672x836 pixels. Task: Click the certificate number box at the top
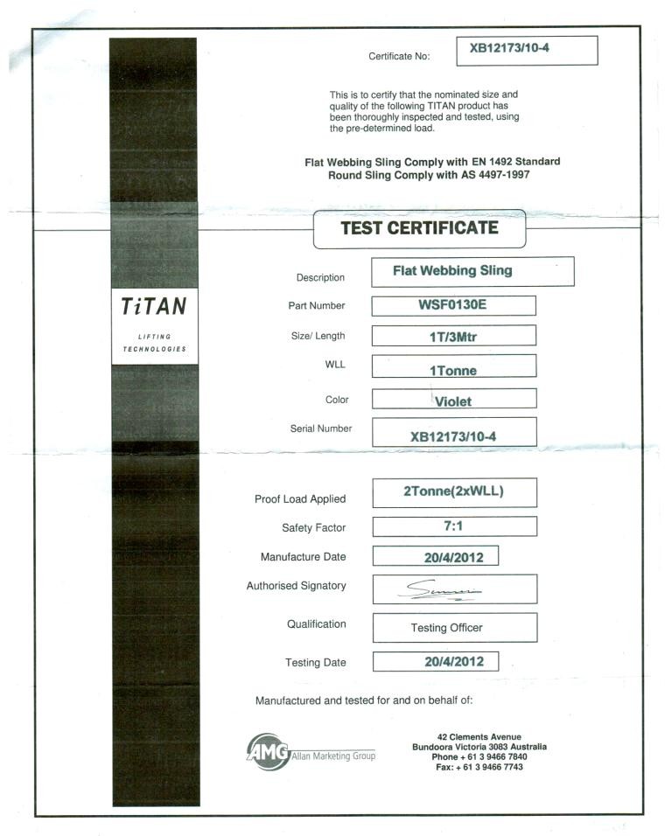527,50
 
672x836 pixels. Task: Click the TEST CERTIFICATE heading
419,229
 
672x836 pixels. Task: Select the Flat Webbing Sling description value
472,271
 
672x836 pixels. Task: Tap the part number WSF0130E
453,305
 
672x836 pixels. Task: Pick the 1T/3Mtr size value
453,336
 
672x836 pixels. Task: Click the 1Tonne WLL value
453,370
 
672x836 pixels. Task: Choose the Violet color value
453,401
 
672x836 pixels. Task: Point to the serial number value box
453,434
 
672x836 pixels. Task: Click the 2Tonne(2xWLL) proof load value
453,491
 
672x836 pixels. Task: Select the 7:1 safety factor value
453,526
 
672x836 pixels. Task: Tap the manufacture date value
435,556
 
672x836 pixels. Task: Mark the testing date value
435,661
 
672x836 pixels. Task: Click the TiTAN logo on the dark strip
154,308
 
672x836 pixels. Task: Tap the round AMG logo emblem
268,751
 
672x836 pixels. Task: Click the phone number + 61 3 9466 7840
479,756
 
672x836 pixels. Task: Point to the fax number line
479,767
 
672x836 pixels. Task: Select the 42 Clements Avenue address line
479,736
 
